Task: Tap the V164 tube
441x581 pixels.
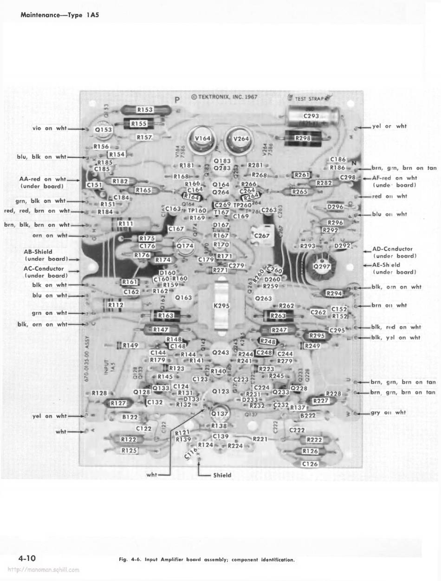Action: [x=202, y=139]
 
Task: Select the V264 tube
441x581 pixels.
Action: [x=241, y=139]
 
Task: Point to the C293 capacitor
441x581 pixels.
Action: [x=311, y=116]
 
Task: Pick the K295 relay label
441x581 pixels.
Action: [x=221, y=306]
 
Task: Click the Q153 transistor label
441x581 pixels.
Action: [x=103, y=131]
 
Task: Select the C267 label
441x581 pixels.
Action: [x=262, y=236]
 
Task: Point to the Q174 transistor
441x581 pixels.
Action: [x=185, y=245]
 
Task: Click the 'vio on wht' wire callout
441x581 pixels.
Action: [x=49, y=128]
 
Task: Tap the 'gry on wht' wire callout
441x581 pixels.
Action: [x=389, y=412]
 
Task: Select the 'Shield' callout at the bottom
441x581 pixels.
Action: [x=222, y=475]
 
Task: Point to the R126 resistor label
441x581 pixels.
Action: [x=310, y=451]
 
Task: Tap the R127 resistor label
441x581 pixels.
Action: [x=118, y=403]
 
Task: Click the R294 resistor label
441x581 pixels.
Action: [x=334, y=294]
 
